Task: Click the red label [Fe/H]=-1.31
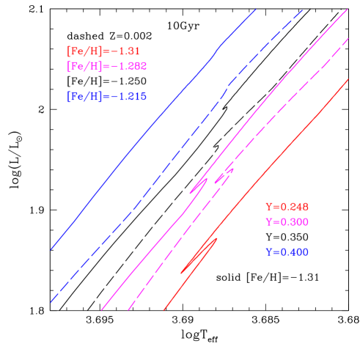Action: [x=103, y=52]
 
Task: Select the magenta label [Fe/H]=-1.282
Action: [x=107, y=67]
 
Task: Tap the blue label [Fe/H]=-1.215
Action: [x=107, y=97]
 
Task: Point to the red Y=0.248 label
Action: [x=287, y=207]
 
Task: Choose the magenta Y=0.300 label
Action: [x=287, y=221]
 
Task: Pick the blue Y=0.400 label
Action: [x=287, y=252]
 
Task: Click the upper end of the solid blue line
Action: [x=256, y=10]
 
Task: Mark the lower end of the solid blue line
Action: [x=51, y=249]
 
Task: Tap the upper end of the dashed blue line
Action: [x=303, y=10]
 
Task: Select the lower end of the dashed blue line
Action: [x=51, y=302]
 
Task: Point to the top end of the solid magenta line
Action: [x=348, y=10]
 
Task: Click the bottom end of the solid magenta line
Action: [x=101, y=310]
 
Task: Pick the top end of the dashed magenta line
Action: [x=348, y=40]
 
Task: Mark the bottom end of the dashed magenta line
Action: [x=128, y=310]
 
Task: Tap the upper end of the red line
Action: [x=348, y=81]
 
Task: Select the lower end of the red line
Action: [x=164, y=310]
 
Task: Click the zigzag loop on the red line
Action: [x=199, y=256]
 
